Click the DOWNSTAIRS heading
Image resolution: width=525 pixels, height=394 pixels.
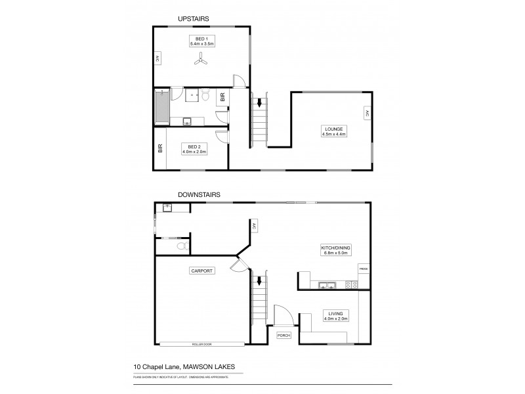199,195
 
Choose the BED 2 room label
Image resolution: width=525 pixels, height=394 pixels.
193,146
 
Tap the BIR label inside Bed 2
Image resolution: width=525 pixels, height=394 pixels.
159,148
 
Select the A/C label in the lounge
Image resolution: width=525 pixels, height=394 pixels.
367,114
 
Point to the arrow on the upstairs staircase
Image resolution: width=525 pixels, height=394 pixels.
260,103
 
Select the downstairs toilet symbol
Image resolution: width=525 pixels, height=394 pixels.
181,246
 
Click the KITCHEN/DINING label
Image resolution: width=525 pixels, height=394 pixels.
336,248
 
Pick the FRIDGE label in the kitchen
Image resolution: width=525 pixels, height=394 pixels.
364,268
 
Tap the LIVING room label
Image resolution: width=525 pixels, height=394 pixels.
339,314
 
